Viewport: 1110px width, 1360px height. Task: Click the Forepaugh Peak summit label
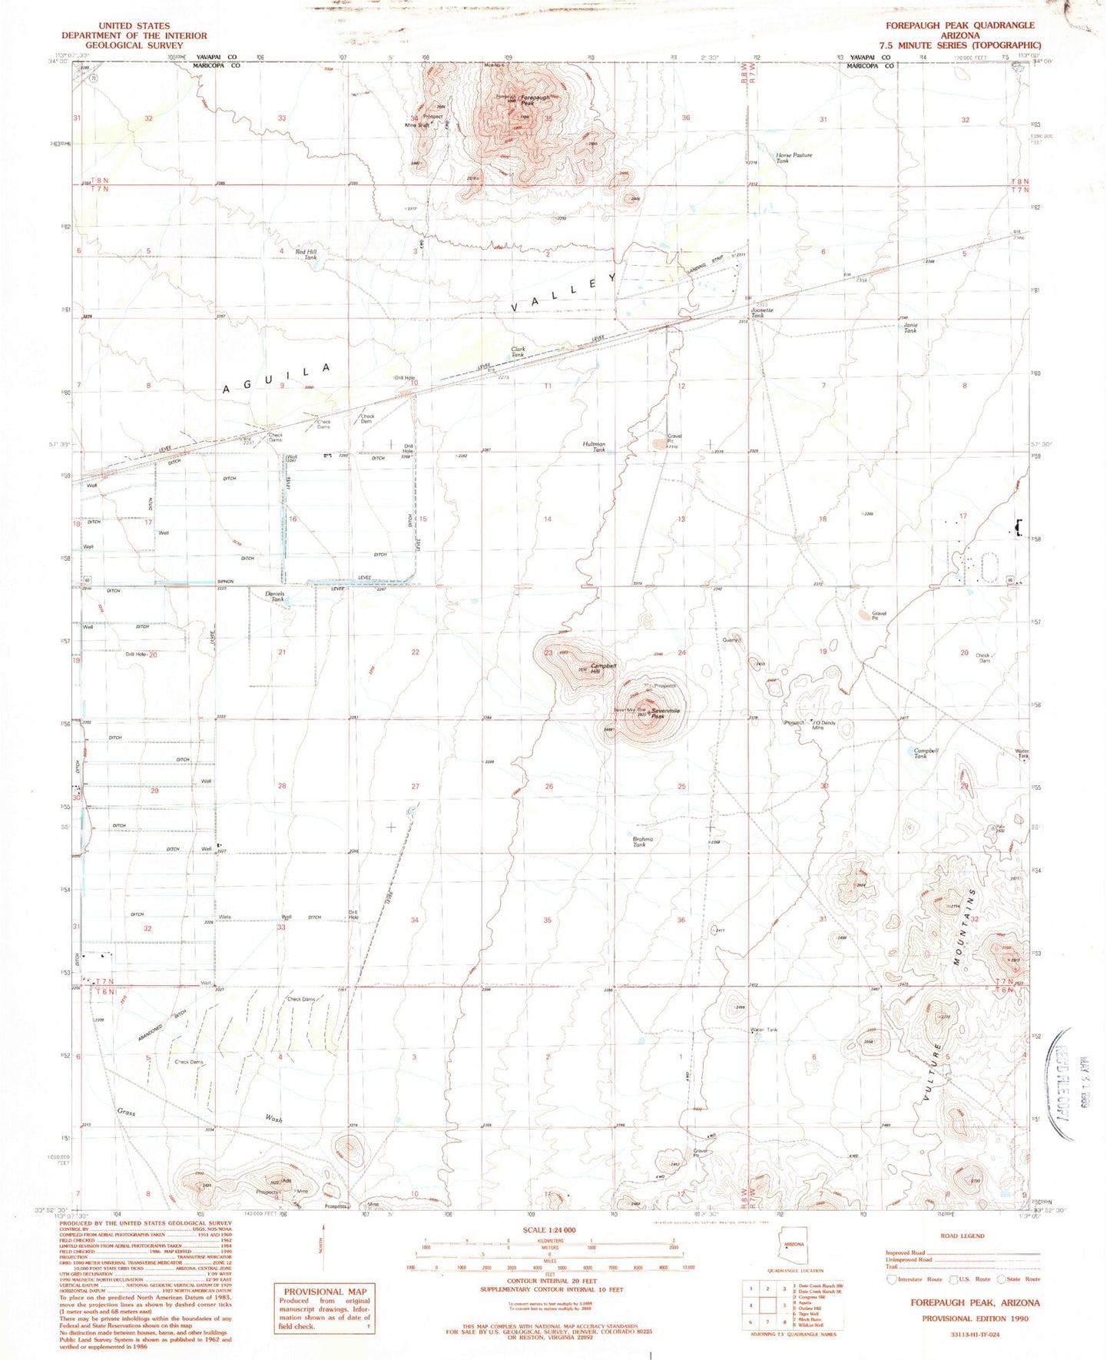tap(535, 99)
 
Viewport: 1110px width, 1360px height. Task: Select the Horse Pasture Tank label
tap(794, 158)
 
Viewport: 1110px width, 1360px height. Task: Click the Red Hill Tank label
tap(306, 254)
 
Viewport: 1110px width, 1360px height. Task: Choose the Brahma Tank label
tap(643, 841)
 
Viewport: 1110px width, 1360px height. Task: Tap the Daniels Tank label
tap(275, 596)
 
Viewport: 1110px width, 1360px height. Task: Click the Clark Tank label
tap(519, 352)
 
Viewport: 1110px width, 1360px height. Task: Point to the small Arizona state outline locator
tap(794, 1246)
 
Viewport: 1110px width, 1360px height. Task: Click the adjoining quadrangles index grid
tap(764, 1305)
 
